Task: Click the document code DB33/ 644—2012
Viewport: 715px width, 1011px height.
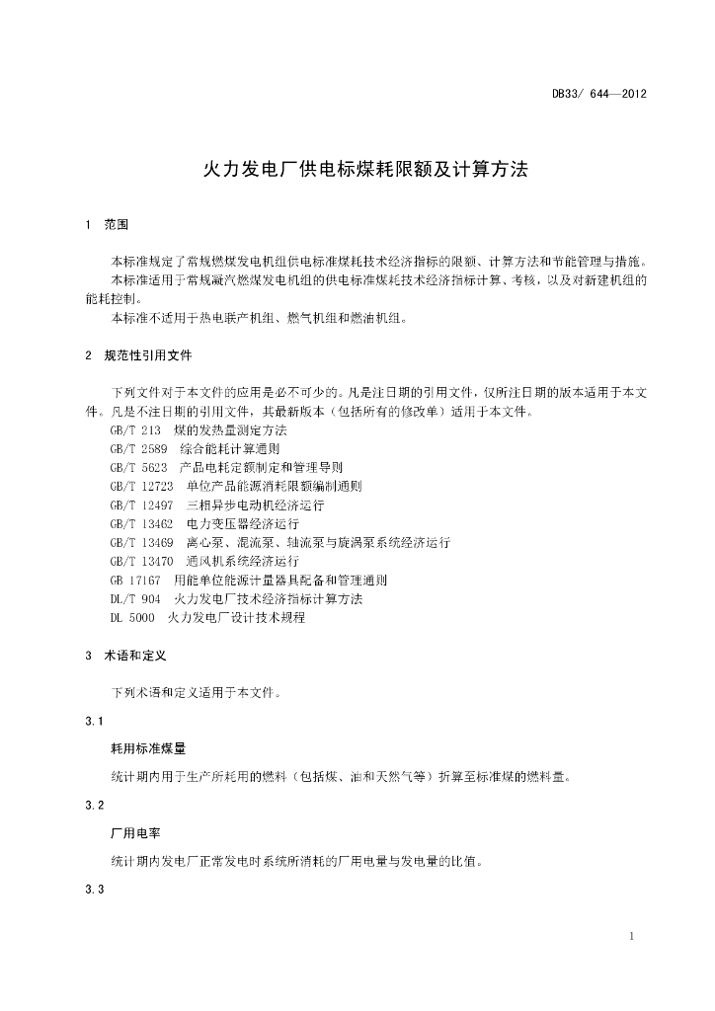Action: (x=598, y=95)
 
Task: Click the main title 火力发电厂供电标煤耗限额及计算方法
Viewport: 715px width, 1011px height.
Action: (x=366, y=169)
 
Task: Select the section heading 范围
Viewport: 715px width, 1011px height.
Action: (x=117, y=225)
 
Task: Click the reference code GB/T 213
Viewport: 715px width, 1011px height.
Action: (x=135, y=430)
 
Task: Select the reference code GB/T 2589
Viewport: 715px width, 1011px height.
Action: (x=138, y=449)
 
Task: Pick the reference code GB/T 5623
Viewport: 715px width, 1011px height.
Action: (x=138, y=468)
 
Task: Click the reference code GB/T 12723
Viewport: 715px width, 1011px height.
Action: (x=142, y=487)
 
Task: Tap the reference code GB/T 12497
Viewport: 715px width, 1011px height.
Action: (x=142, y=505)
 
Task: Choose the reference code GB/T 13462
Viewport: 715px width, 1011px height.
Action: (x=142, y=524)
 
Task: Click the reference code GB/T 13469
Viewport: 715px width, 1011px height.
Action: (x=142, y=543)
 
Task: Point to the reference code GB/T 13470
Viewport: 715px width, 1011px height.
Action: (x=142, y=562)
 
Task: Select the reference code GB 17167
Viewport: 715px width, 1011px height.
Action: (x=135, y=581)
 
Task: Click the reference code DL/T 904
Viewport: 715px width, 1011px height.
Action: (x=135, y=599)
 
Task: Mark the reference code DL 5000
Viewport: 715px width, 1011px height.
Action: (x=132, y=618)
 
